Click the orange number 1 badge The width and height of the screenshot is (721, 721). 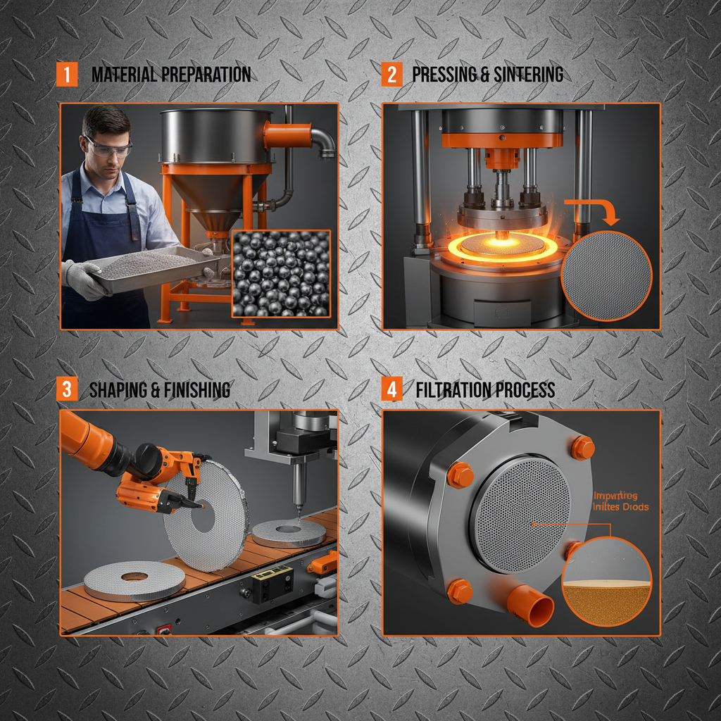click(66, 75)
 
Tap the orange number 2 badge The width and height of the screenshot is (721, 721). click(391, 75)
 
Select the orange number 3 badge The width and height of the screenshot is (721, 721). click(66, 389)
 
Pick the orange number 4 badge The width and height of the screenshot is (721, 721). click(391, 389)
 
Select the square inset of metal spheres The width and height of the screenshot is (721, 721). click(281, 273)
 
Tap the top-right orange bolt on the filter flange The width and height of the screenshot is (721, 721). click(582, 448)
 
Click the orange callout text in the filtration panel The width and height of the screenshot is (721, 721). click(620, 501)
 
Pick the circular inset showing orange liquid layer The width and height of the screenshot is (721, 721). click(607, 581)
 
